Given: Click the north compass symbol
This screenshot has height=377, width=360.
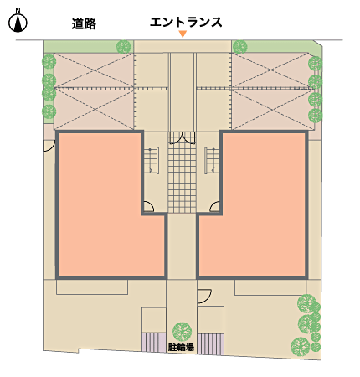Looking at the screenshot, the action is [18, 21].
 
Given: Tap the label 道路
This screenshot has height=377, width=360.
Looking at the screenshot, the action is [84, 23].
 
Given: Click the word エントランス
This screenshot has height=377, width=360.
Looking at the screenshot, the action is [186, 22].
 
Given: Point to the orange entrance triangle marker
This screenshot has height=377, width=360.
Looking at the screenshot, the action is [183, 34].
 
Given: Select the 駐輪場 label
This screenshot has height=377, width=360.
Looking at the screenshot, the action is [182, 348].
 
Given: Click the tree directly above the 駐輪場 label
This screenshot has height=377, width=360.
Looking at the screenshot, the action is [182, 332].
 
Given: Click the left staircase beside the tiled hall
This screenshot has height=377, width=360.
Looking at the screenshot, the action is [152, 161].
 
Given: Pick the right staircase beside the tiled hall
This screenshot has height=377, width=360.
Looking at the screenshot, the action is [212, 161].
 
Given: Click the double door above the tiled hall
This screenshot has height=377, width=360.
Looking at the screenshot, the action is [182, 137].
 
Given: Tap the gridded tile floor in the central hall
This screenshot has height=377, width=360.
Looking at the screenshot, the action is [182, 178].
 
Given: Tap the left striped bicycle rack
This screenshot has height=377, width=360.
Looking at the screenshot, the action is [154, 342].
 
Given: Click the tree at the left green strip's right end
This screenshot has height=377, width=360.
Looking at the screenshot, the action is [123, 47].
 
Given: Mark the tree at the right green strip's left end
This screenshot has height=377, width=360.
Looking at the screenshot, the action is [240, 47].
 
